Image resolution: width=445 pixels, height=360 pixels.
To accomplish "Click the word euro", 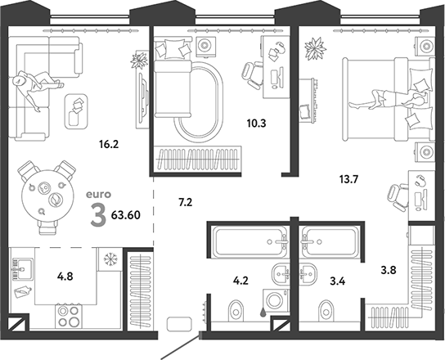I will pyautogui.click(x=97, y=196).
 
